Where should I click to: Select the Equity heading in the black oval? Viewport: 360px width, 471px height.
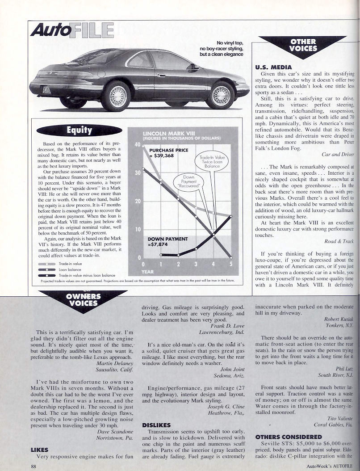79,130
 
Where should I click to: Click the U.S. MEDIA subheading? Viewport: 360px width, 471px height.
273,67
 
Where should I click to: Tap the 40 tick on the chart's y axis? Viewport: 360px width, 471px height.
138,145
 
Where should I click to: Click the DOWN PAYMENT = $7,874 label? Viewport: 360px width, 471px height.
168,242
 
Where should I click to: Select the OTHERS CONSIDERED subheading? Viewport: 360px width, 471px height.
289,436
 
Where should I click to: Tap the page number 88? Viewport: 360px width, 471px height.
33,466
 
